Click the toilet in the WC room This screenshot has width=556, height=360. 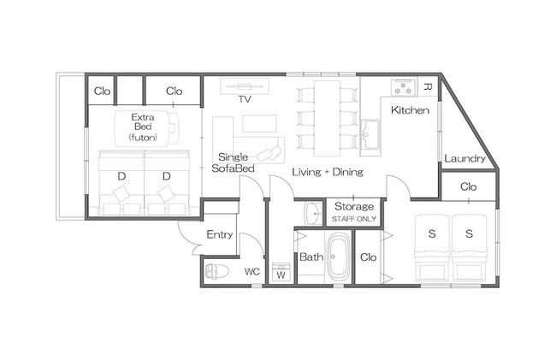pos(216,271)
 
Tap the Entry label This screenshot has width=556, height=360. pos(220,234)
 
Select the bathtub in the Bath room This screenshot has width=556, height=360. pos(339,257)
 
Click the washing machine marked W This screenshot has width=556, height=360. pos(281,272)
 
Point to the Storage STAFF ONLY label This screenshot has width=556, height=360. pos(354,212)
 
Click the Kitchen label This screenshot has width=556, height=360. pos(410,110)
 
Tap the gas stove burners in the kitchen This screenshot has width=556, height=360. pos(403,87)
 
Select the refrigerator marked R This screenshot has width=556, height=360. pos(428,87)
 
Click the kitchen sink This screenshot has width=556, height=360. pos(370,136)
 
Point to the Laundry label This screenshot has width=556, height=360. pos(464,158)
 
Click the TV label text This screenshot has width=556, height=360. pos(245,99)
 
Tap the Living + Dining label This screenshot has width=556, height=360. pos(328,172)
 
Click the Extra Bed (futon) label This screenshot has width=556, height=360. pos(143,127)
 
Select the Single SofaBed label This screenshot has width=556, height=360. pos(233,162)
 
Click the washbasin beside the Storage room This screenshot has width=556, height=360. pos(313,214)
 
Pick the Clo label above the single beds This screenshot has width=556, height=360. pos(468,186)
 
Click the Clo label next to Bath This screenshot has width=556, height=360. pos(368,257)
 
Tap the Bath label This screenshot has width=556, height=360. pos(311,257)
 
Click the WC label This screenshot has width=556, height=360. pos(252,272)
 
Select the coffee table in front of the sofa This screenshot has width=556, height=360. pos(259,124)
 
